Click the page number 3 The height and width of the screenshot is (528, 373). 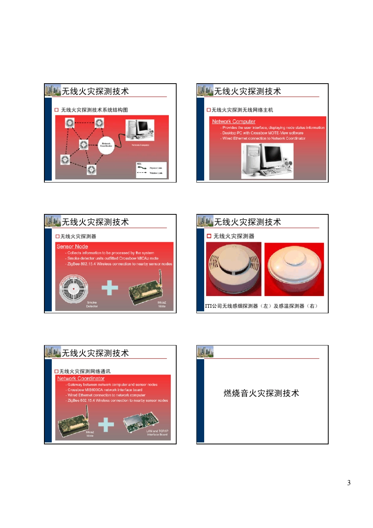349,482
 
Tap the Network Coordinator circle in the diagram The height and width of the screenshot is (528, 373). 106,145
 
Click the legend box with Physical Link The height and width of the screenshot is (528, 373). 151,170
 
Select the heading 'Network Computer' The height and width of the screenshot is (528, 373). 234,122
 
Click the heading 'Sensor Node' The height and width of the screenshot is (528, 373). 72,247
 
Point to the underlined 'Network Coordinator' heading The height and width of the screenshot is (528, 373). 81,378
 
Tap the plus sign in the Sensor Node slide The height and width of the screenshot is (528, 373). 110,288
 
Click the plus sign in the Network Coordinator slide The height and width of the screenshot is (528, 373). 106,424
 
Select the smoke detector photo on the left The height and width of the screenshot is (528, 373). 234,269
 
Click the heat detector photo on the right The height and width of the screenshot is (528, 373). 294,269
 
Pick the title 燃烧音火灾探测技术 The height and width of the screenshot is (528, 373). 261,393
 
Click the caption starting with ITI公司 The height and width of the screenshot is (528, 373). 261,306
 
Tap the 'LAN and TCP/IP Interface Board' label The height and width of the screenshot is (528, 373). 157,433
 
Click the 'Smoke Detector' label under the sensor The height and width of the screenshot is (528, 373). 92,304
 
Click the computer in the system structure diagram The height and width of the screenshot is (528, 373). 139,130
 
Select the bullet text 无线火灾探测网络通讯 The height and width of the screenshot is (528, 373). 85,371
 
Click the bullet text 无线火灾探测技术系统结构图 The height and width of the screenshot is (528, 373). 94,110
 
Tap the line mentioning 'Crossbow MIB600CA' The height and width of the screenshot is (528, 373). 105,390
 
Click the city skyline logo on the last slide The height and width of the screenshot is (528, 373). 205,352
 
